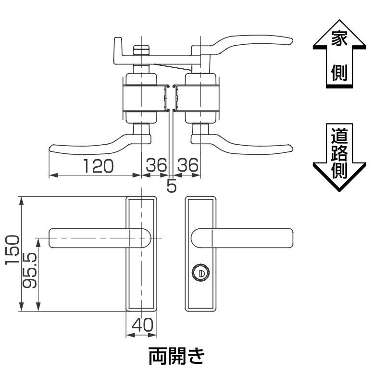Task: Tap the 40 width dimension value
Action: coord(141,325)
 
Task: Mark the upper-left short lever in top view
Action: coord(117,48)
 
